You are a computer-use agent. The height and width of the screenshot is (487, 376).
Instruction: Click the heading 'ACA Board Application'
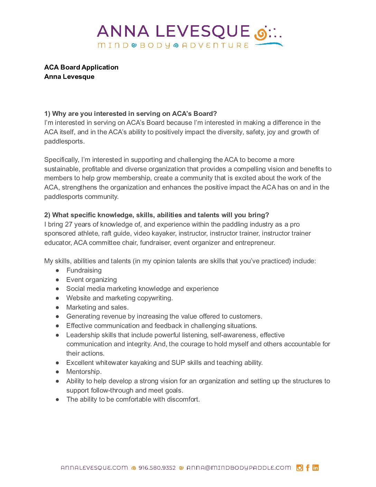point(81,67)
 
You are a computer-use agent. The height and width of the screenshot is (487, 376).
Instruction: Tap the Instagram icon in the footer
point(300,468)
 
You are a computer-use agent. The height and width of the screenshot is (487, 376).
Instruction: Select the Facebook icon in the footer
point(308,468)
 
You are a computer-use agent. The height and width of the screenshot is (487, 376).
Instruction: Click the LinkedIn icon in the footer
point(316,468)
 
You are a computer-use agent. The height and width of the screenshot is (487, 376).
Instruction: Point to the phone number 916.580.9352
point(157,468)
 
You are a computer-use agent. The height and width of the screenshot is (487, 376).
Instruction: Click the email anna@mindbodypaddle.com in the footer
point(239,468)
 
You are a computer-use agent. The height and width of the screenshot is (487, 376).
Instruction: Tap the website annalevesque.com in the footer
point(94,468)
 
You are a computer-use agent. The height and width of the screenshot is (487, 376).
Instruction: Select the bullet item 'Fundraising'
point(84,270)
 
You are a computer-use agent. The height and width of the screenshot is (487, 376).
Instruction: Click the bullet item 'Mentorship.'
point(84,372)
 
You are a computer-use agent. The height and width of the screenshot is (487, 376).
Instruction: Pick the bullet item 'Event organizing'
point(92,280)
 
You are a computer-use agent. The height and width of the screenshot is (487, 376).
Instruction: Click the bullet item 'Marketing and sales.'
point(97,307)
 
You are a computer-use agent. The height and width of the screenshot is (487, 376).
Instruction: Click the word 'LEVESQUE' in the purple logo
point(203,31)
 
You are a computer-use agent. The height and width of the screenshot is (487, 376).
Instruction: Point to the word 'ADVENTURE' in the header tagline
point(215,45)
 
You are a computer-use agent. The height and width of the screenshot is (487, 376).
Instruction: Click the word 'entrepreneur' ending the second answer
point(254,243)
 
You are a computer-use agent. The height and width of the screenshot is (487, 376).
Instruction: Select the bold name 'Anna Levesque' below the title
point(69,77)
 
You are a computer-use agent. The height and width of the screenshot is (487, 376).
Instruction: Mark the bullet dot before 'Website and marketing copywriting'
point(57,298)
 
